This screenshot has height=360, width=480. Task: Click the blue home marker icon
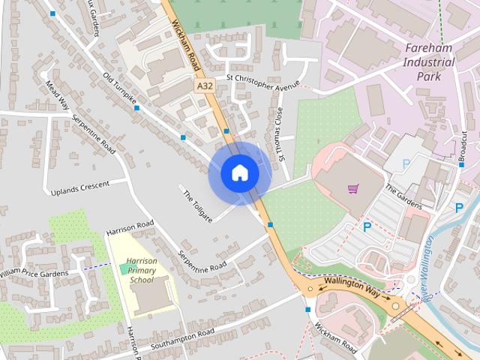click(240, 173)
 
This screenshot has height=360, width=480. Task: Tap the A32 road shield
click(204, 87)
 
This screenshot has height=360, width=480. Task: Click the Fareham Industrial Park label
click(429, 64)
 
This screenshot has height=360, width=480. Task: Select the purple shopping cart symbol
click(354, 188)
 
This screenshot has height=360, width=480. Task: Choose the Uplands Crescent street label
click(79, 187)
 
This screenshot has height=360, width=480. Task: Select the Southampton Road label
click(182, 339)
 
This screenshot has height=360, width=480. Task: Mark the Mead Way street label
click(56, 95)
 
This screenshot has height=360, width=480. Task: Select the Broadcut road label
click(463, 144)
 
